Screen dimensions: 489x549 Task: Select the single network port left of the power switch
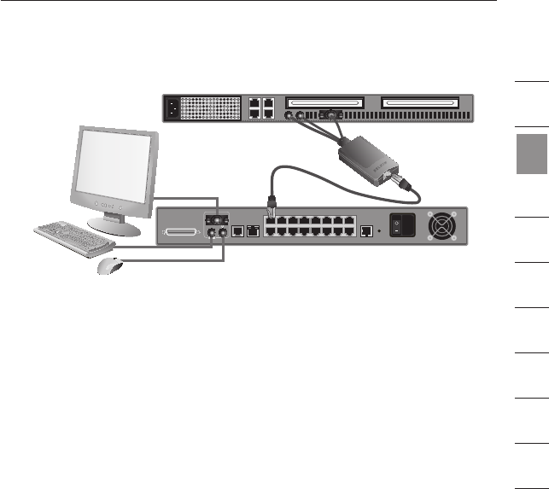[366, 230]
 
